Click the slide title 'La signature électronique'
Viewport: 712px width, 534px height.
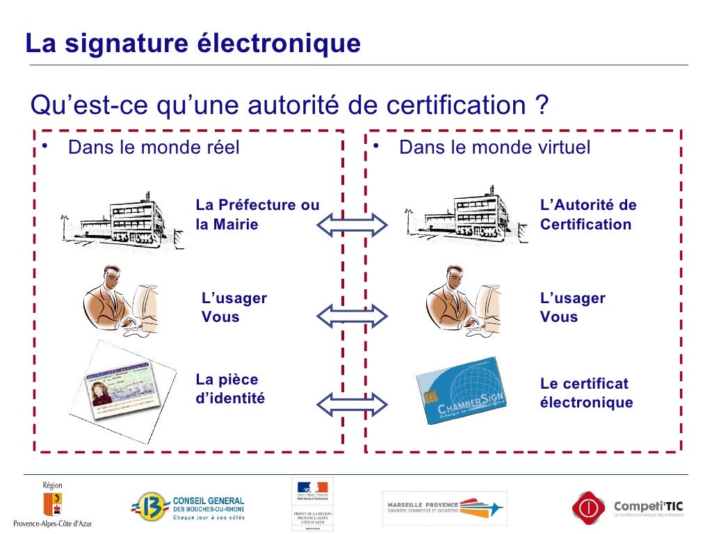(193, 44)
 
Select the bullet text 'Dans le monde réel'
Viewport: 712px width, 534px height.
(154, 147)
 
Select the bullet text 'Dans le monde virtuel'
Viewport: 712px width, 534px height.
(494, 147)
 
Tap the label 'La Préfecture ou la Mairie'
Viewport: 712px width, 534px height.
(257, 215)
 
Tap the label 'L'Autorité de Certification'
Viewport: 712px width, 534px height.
(588, 215)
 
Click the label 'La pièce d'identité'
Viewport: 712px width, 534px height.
(230, 389)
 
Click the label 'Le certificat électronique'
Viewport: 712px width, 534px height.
(586, 394)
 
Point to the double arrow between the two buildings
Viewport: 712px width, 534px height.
(352, 225)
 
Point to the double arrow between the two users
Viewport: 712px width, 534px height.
(352, 316)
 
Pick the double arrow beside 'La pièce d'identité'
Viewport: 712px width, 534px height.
(352, 403)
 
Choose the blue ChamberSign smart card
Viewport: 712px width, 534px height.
(461, 391)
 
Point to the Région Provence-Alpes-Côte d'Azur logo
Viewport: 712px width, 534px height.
(53, 503)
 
